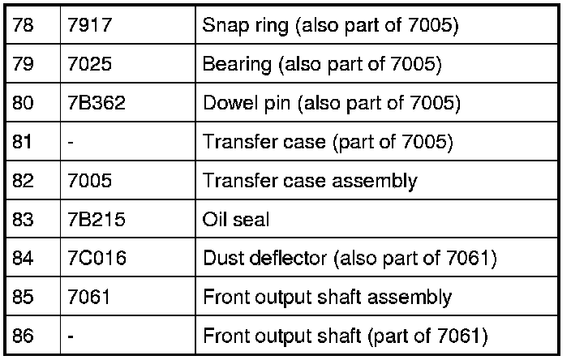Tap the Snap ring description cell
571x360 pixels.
[330, 27]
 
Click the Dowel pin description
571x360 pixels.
[331, 104]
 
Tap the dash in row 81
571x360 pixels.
[73, 143]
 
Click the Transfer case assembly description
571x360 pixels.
[309, 181]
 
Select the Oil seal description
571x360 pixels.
[235, 220]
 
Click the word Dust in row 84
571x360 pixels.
[219, 259]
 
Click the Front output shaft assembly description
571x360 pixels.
[327, 297]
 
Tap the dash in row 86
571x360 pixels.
[73, 336]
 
